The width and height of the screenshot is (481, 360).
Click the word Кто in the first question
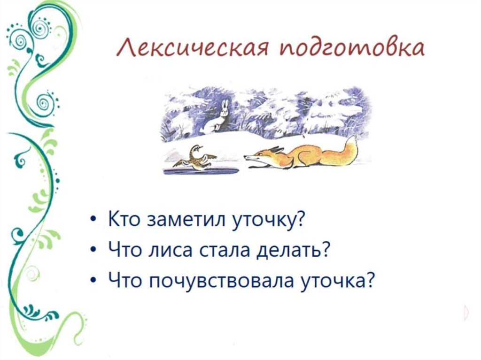pyautogui.click(x=124, y=219)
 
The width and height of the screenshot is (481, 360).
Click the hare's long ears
pyautogui.click(x=224, y=106)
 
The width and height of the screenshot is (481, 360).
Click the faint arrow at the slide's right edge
pyautogui.click(x=465, y=312)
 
